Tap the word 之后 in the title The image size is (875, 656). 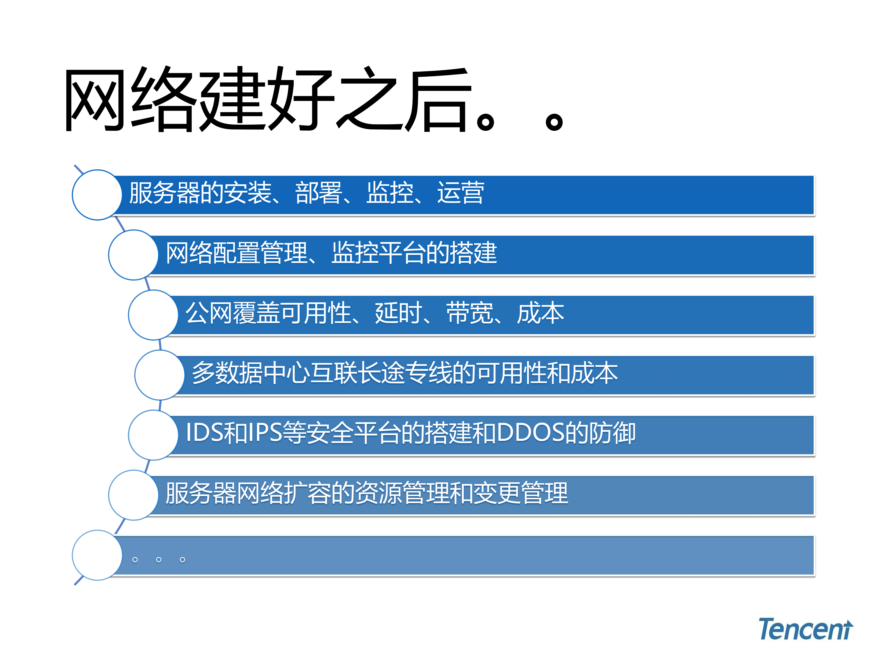pos(403,99)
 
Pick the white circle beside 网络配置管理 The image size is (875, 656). pos(133,255)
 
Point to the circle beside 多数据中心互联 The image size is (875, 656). pos(159,375)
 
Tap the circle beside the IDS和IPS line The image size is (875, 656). pos(153,435)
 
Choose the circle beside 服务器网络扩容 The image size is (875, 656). pos(133,495)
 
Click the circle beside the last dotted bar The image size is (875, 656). pos(97,555)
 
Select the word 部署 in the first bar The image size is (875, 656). pos(318,193)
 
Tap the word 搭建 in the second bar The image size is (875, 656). pos(473,253)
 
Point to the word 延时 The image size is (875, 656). pos(398,313)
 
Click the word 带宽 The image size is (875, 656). pos(470,313)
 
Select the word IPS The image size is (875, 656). pos(265,433)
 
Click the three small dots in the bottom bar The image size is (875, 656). pos(159,560)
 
